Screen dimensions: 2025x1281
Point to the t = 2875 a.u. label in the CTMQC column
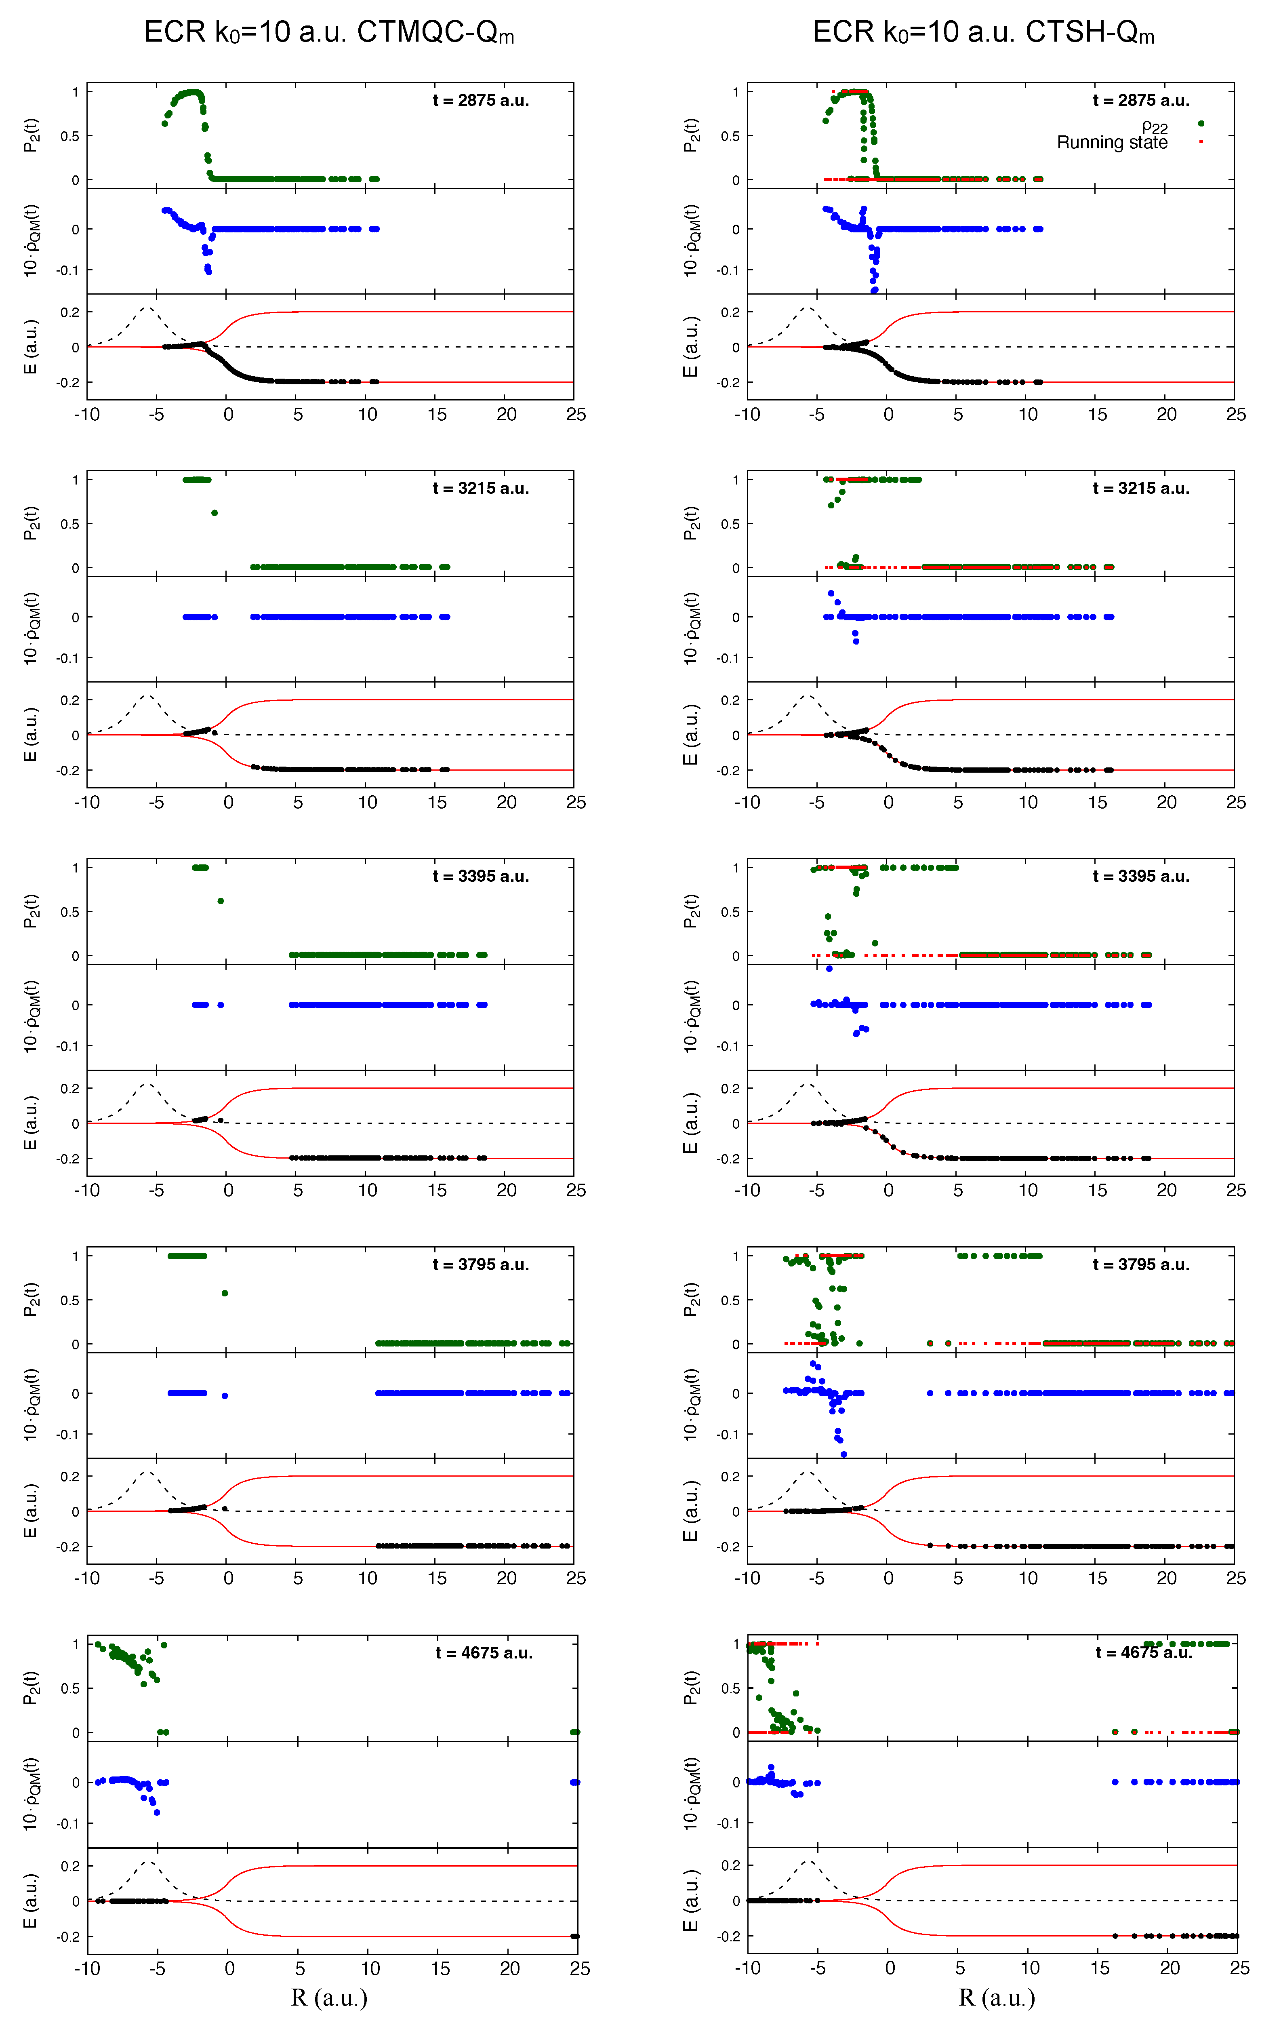coord(481,100)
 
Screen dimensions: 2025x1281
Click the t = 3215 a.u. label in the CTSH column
coord(1141,489)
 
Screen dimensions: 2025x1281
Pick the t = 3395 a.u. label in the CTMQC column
coord(481,876)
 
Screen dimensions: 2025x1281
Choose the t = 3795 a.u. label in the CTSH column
coord(1141,1265)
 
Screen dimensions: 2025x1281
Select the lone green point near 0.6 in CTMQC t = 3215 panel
coord(215,513)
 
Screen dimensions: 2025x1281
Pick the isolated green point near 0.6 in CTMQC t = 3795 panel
coord(225,1294)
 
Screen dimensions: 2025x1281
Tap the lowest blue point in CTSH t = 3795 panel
coord(844,1454)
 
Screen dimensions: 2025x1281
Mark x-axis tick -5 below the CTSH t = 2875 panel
coord(817,415)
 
